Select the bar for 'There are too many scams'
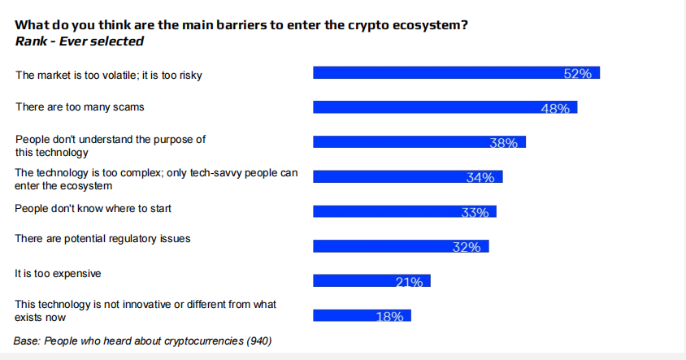coord(445,107)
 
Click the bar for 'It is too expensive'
coord(371,281)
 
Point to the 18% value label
coord(389,317)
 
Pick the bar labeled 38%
coord(419,142)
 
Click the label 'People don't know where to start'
coord(93,209)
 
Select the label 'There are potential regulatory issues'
coord(102,239)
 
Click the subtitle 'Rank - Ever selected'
coord(79,41)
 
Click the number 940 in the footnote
coord(258,341)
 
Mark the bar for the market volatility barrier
coord(456,73)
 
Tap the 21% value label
coord(409,282)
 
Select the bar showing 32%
coord(401,246)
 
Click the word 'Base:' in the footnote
coord(28,341)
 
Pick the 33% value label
coord(474,212)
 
